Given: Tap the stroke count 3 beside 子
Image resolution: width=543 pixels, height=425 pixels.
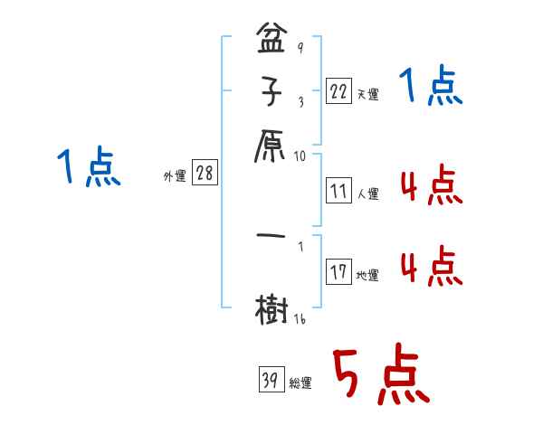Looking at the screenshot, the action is pos(300,101).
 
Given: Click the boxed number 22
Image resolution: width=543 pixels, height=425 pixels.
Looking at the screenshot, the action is pos(338,91).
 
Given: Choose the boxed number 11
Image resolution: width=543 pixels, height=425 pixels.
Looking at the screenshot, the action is pos(338,191).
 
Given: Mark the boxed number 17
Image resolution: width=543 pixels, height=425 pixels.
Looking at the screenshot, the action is pos(338,272).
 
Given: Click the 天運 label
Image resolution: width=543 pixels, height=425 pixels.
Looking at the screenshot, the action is pos(367,94).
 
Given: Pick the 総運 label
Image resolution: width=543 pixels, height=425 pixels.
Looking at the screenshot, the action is pos(301,382).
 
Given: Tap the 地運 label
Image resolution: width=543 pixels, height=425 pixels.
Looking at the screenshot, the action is pos(367,275).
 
